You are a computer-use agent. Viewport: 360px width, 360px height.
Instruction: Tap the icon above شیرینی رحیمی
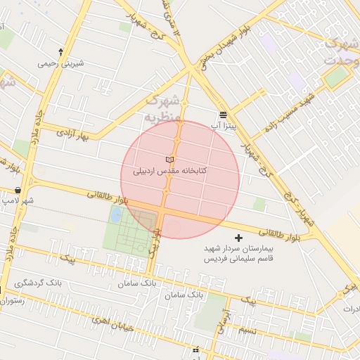[60, 51]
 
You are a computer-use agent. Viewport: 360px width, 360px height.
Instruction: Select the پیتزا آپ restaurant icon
[222, 115]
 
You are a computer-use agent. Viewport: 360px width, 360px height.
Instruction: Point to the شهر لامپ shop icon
[17, 191]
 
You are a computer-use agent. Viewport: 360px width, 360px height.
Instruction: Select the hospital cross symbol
[238, 238]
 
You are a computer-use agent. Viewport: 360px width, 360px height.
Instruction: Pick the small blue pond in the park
[115, 214]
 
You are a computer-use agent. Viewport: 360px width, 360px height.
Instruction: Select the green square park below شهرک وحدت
[336, 77]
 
